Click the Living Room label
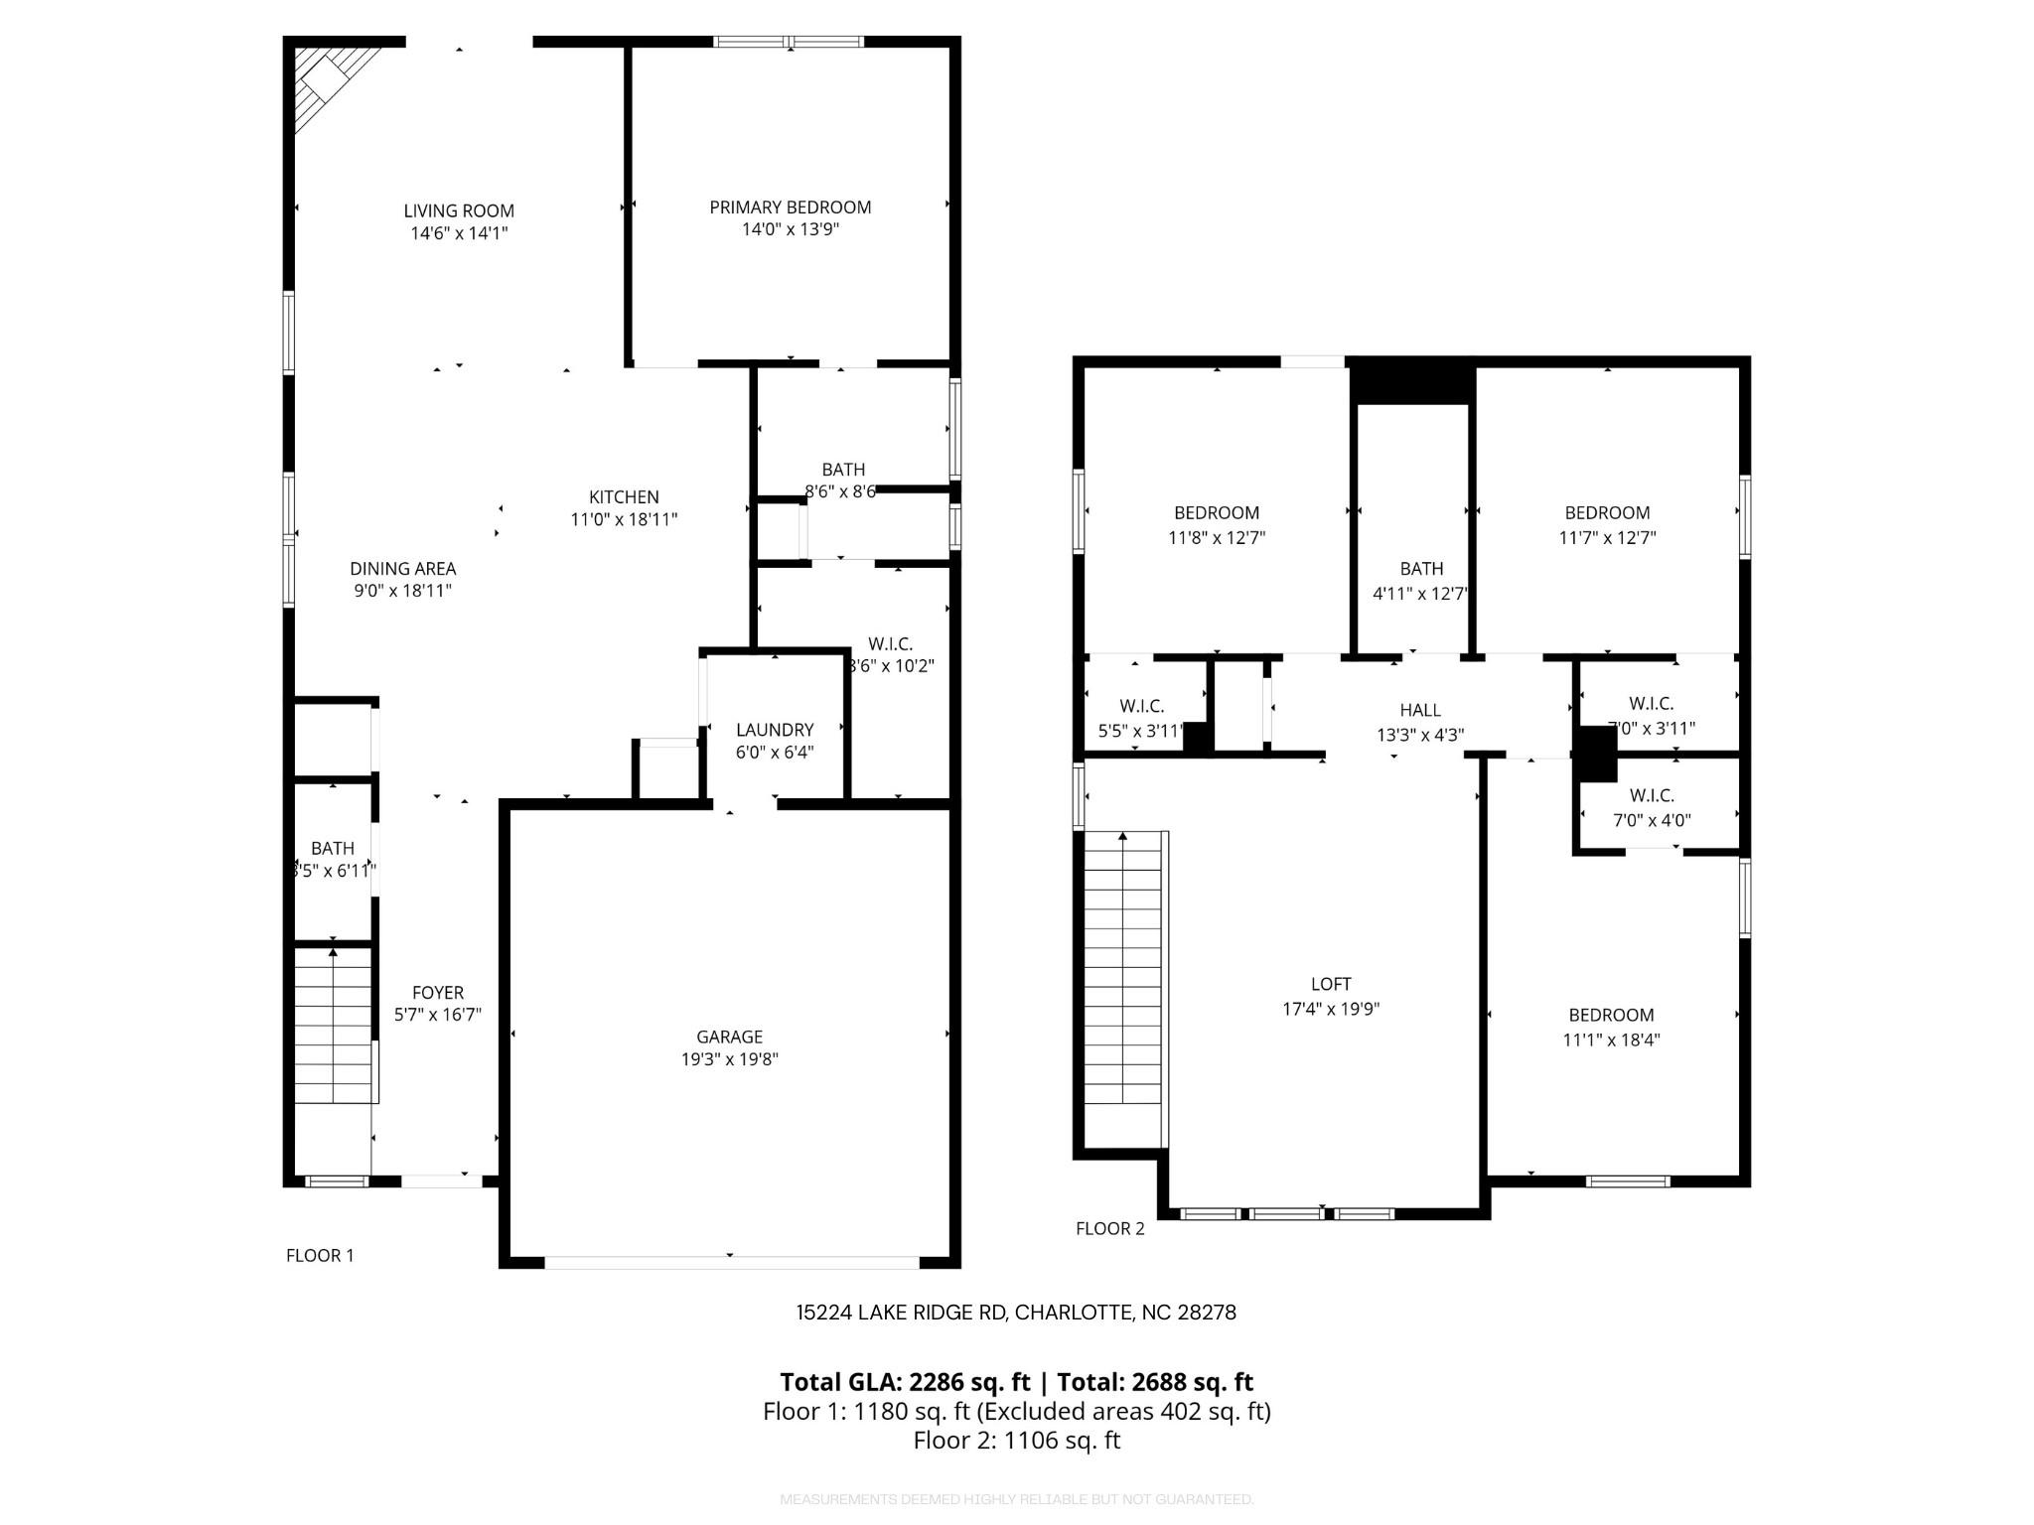459,210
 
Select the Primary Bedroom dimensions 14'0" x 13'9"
790,229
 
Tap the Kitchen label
624,496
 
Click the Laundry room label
775,730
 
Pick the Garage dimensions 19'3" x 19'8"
729,1059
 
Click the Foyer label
438,993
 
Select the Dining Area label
402,569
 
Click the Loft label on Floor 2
1331,984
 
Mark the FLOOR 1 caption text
320,1255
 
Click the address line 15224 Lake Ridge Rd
1015,1313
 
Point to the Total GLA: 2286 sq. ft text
904,1382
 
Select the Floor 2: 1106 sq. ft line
1016,1441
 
